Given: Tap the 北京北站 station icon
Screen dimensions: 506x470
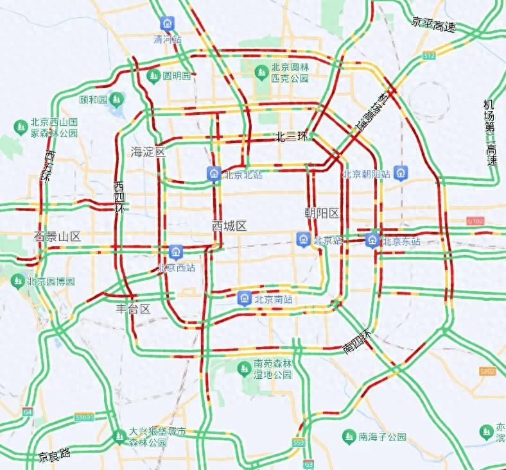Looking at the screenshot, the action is (x=214, y=174).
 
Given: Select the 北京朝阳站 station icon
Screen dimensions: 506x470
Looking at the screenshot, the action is (x=401, y=173).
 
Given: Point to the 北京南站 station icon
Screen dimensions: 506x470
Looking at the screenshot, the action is (x=244, y=298).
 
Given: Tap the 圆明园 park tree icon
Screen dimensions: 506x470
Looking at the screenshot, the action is (x=153, y=76).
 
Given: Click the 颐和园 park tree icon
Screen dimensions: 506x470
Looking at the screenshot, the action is (x=116, y=99).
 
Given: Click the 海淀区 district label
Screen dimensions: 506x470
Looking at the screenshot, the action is (x=148, y=152).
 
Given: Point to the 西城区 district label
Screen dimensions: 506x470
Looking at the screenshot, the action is (x=229, y=226).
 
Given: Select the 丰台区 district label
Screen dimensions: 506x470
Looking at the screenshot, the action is (x=133, y=308).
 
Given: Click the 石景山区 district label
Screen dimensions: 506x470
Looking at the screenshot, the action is (x=57, y=237).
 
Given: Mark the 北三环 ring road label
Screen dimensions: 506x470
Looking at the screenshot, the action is (x=292, y=137).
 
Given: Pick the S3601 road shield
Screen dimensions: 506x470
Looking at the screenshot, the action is (x=83, y=417).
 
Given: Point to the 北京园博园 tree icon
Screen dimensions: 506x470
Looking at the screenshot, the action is (x=17, y=281).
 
